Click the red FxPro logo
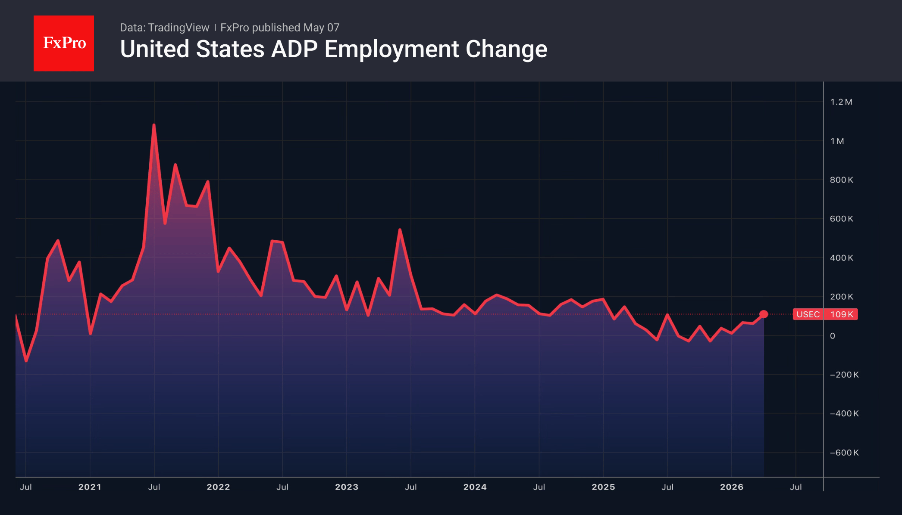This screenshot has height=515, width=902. pos(64,43)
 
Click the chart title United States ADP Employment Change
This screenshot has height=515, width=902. pos(334,49)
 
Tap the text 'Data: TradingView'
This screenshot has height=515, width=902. pos(164,28)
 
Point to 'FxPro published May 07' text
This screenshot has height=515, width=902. pos(280,28)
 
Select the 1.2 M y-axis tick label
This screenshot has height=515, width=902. pos(841,102)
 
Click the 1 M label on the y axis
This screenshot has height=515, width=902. pos(837,141)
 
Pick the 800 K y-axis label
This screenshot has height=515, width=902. pos(841,180)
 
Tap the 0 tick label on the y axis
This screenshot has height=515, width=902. pos(833,336)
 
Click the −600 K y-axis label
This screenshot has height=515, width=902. pos(844,453)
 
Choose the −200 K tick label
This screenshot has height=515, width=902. pos(844,375)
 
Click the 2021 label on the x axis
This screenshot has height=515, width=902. pos(90,487)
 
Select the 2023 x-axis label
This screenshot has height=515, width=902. pos(347,487)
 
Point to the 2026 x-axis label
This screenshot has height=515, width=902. pos(732,487)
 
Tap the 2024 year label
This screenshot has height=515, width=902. pos(475,487)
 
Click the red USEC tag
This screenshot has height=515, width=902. pos(808,314)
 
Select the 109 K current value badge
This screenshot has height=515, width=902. pos(841,314)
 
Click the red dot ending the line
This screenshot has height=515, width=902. pos(764,314)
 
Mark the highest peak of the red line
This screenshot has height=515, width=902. pos(154,125)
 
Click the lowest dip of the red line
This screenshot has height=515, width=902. pos(26,361)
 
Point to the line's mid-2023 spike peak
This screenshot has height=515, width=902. pos(400,230)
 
